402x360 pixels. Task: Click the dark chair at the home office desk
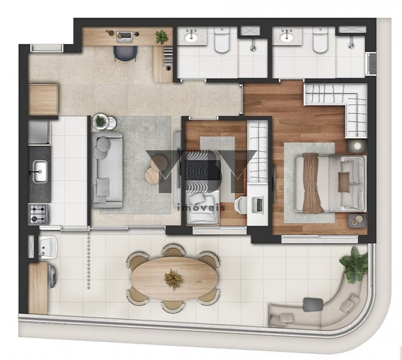125,53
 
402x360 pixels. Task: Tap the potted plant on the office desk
161,37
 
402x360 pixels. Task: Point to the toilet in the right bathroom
320,41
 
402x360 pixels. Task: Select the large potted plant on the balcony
355,265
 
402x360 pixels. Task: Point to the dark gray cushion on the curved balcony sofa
313,305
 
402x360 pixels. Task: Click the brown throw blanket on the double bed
312,183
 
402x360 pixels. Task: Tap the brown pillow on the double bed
344,182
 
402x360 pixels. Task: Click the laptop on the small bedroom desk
259,204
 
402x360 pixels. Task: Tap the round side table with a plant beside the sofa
100,121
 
